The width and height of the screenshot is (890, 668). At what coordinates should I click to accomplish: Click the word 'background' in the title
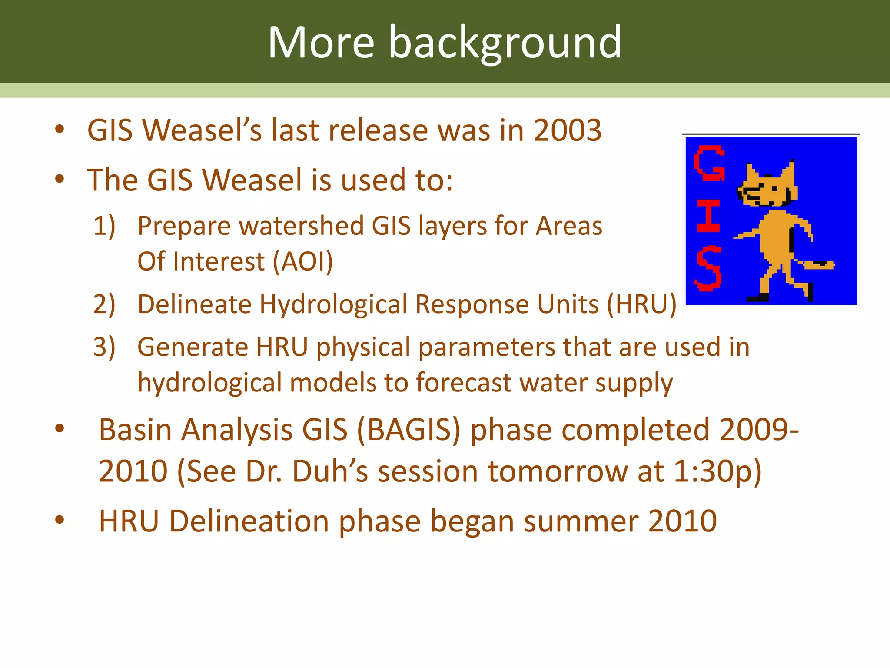click(505, 43)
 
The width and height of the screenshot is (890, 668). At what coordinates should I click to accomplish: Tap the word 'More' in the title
click(321, 43)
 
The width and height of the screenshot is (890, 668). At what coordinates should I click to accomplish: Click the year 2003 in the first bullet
click(567, 130)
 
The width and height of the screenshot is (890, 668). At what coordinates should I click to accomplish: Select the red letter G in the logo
click(709, 164)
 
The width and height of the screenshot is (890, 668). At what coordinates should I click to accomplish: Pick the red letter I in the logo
click(708, 216)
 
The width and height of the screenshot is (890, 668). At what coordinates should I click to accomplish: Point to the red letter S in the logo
click(709, 268)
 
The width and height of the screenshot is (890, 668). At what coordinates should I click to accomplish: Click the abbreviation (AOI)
click(302, 261)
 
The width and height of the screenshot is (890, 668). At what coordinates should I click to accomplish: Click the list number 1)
click(104, 226)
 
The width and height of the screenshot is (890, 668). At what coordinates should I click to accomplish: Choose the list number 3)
click(104, 347)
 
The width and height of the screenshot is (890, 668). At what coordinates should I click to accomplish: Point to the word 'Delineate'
click(194, 304)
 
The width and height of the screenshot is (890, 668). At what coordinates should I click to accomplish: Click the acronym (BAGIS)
click(408, 430)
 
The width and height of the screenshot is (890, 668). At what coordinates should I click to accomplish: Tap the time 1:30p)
click(717, 471)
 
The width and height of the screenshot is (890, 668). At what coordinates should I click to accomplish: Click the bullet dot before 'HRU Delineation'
click(60, 520)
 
